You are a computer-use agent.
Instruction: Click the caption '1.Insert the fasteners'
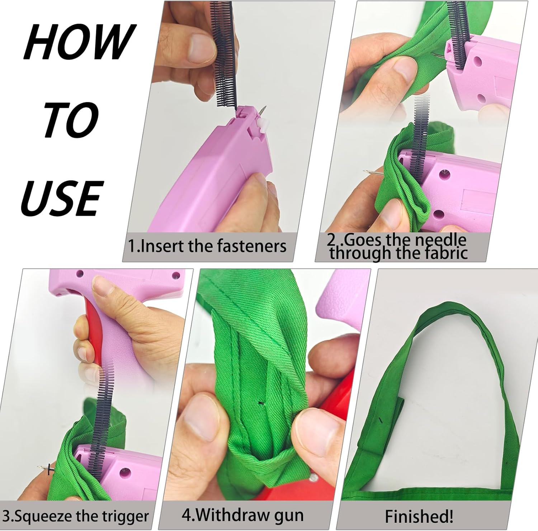(207, 246)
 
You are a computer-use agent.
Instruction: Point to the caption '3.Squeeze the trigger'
(76, 516)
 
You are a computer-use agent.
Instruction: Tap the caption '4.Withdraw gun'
(242, 515)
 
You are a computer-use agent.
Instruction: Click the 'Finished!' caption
(419, 516)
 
